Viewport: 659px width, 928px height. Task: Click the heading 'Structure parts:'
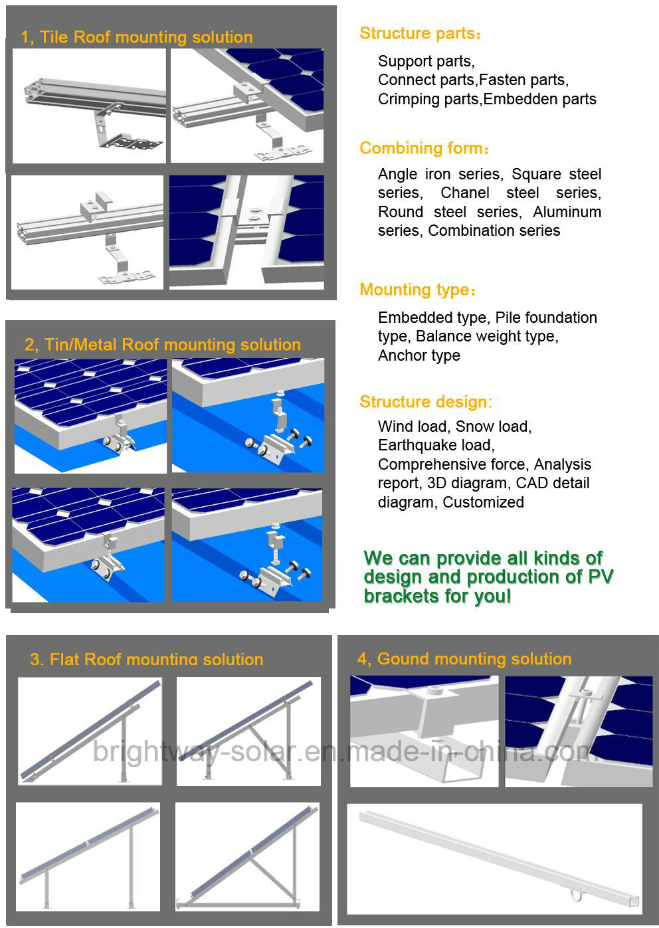click(x=420, y=33)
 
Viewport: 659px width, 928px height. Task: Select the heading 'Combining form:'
click(x=424, y=148)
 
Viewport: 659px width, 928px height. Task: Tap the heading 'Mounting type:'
click(x=418, y=290)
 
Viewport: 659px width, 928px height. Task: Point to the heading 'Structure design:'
click(x=426, y=401)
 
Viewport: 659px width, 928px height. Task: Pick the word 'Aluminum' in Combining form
click(x=567, y=212)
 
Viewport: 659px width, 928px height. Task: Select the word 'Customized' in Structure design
click(x=484, y=502)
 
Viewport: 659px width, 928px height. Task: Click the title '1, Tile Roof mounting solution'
click(x=137, y=37)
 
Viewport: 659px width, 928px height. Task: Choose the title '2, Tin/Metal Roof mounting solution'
click(x=163, y=345)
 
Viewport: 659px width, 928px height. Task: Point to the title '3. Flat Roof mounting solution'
click(x=147, y=659)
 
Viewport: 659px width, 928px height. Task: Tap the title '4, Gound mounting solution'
click(x=464, y=659)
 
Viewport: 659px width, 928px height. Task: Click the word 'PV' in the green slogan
click(x=600, y=577)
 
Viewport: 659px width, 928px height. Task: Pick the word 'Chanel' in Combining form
click(x=465, y=193)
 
